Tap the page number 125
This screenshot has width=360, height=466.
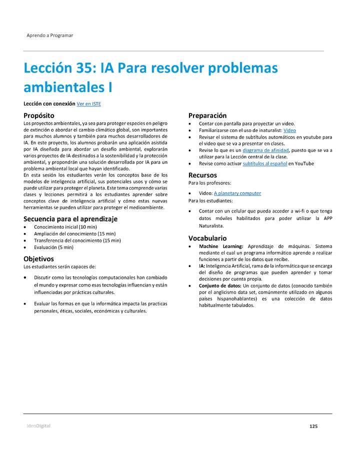(313, 426)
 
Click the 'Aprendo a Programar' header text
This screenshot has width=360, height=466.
(49, 35)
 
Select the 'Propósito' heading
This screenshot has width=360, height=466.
(39, 115)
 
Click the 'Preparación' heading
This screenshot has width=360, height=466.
(207, 115)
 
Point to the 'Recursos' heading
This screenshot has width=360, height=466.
(202, 175)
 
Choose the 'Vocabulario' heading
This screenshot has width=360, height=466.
(207, 238)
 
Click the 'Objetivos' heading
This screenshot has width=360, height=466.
(38, 258)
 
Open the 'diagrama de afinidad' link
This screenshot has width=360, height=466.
(265, 150)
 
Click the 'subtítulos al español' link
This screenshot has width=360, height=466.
(264, 163)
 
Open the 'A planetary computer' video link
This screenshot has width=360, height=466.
(237, 193)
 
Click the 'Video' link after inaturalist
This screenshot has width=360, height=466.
(289, 130)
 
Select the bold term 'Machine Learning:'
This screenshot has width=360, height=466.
(220, 246)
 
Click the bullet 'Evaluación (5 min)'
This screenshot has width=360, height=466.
(53, 247)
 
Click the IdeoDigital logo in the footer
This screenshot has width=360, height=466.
(38, 426)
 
